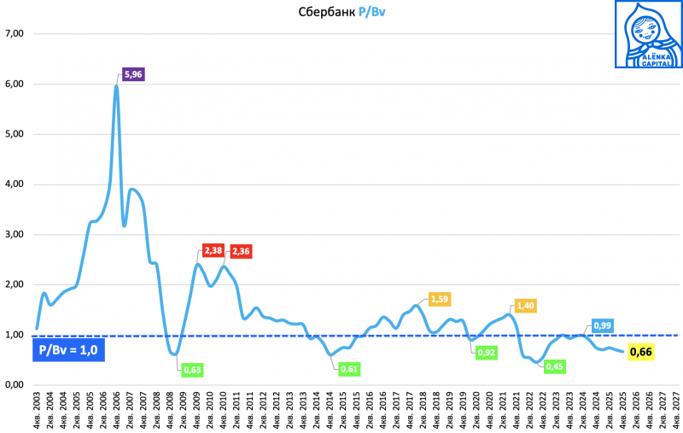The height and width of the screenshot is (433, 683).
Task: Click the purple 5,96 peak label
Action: [133, 74]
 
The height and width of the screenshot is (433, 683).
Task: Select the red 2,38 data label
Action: [213, 251]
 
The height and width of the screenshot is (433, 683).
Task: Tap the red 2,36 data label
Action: [242, 251]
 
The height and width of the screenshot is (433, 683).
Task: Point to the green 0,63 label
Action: [192, 370]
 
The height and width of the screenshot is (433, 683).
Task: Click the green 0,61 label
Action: [347, 368]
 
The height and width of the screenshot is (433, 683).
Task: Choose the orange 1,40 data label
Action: [523, 306]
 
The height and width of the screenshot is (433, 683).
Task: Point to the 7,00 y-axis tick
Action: [15, 34]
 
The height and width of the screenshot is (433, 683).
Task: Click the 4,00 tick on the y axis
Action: [15, 184]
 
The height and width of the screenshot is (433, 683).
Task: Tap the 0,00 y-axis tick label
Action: [15, 385]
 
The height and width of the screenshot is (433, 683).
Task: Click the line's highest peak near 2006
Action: [116, 85]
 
